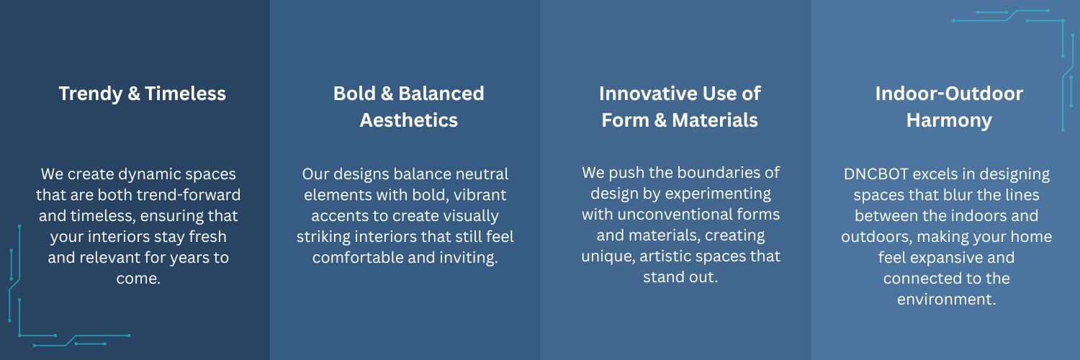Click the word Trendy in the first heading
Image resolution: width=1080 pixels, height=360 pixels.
(90, 94)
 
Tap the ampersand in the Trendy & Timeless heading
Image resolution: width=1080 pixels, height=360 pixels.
(133, 94)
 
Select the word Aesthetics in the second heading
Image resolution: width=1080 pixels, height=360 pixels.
(408, 120)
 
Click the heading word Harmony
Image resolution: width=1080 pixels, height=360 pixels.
(949, 120)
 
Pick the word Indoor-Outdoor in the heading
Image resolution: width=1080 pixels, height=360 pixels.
(949, 94)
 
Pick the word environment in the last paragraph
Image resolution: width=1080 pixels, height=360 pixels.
(947, 300)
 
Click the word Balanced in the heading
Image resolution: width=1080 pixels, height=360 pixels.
(441, 94)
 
